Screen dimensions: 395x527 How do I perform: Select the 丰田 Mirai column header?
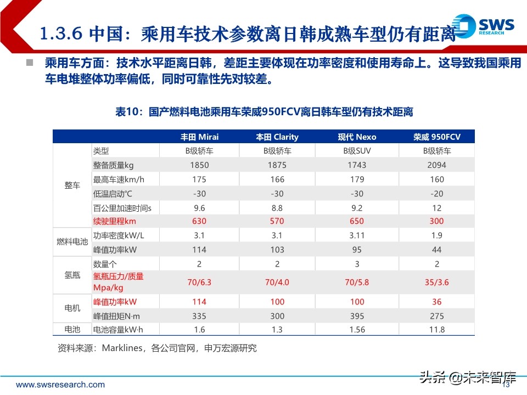pos(199,137)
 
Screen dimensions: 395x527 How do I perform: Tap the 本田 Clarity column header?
pos(277,137)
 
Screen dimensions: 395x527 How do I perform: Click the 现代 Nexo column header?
pos(357,137)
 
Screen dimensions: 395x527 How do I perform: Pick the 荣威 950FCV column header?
pos(437,137)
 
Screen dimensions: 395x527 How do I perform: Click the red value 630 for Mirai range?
pos(199,221)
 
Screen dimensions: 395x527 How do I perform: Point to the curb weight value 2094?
pos(437,165)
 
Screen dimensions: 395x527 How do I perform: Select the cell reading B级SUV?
pos(357,151)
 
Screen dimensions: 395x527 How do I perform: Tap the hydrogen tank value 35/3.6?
pos(437,283)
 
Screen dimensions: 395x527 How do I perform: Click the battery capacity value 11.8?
pos(437,329)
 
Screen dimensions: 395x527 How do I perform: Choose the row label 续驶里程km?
pos(115,221)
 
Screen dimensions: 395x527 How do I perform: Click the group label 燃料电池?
pos(72,242)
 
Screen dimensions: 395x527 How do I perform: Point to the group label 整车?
pos(72,185)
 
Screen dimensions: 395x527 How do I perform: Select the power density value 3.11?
pos(357,235)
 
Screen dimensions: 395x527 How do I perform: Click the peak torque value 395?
pos(357,315)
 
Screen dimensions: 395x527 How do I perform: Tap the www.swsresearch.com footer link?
pos(60,385)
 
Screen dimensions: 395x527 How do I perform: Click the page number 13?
pos(506,385)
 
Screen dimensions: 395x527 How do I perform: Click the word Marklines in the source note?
pos(122,348)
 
